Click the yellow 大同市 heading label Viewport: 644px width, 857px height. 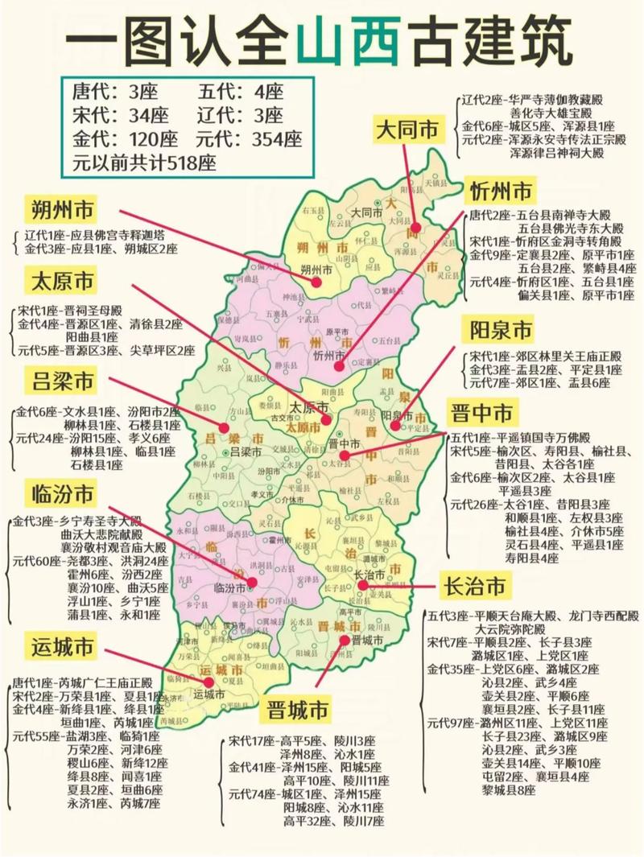pos(409,130)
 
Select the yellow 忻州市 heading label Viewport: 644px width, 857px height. pos(499,192)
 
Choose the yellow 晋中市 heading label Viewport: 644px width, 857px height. pos(480,414)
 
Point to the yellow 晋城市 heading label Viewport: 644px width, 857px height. pos(296,711)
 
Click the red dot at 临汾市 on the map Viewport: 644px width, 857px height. pos(252,583)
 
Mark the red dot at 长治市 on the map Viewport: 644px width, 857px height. pos(363,585)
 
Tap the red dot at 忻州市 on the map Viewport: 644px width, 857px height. pos(339,366)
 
